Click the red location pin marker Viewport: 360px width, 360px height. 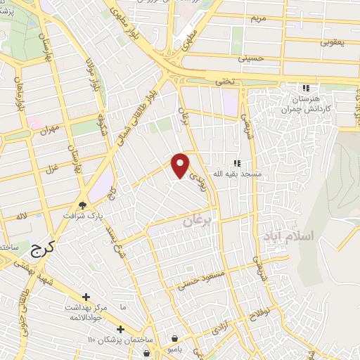pyautogui.click(x=181, y=165)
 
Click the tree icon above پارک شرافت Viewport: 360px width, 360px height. pyautogui.click(x=83, y=205)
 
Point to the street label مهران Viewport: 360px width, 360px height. pyautogui.click(x=49, y=131)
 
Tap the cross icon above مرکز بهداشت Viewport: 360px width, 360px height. pyautogui.click(x=86, y=298)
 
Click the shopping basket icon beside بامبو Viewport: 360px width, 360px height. pyautogui.click(x=175, y=337)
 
